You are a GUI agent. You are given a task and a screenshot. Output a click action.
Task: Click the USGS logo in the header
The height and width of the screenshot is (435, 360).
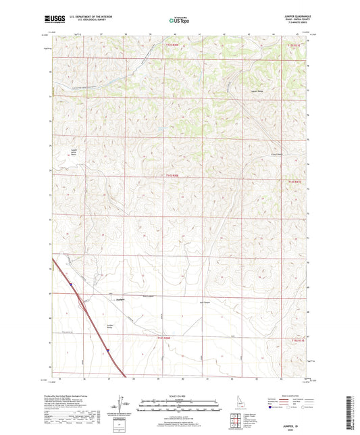click(x=56, y=20)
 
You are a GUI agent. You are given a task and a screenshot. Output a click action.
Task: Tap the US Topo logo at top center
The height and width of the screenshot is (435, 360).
click(x=179, y=21)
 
